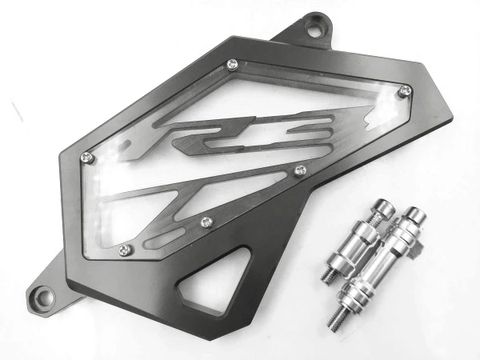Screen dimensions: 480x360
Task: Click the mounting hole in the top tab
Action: coord(315,28)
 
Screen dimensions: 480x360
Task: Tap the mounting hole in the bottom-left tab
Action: coord(44,297)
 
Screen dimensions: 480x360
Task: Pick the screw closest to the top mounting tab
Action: coord(233,64)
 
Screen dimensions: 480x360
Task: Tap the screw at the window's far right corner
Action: coord(406,90)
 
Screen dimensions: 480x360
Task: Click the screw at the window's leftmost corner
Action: coord(87,158)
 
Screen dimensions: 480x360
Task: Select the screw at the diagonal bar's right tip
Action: coord(300,170)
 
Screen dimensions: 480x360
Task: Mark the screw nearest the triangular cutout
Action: coord(207,222)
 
